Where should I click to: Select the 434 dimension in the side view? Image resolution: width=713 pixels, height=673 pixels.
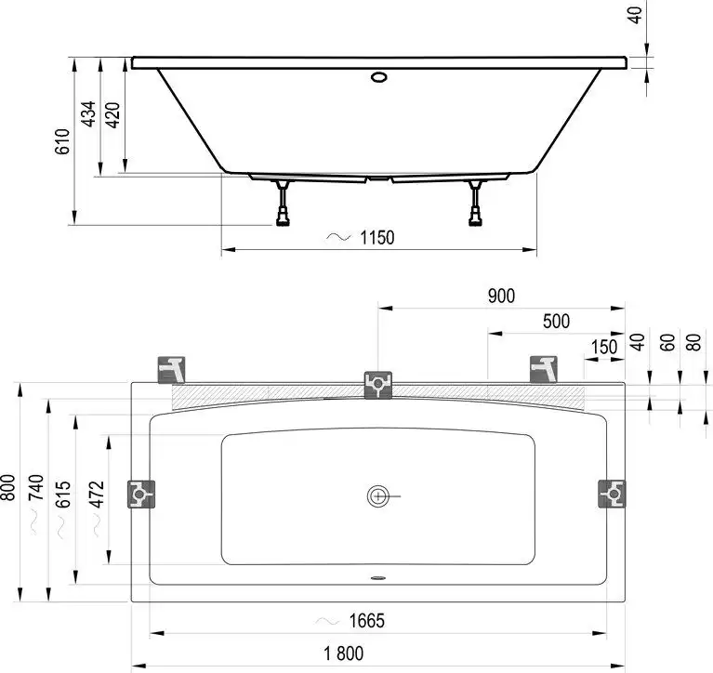click(x=88, y=113)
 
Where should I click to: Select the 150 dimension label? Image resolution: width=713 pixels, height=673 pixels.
click(x=603, y=346)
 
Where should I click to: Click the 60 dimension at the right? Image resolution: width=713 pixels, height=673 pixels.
click(x=665, y=341)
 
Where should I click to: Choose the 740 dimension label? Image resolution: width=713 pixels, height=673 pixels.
click(x=36, y=489)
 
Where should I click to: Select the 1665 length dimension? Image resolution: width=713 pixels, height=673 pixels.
click(x=363, y=621)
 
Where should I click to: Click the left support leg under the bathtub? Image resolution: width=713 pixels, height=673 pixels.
click(x=280, y=204)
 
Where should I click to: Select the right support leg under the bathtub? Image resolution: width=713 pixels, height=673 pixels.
click(x=477, y=204)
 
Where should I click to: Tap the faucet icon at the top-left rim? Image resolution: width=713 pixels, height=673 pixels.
click(x=173, y=369)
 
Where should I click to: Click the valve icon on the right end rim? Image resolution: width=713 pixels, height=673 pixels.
click(x=611, y=494)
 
